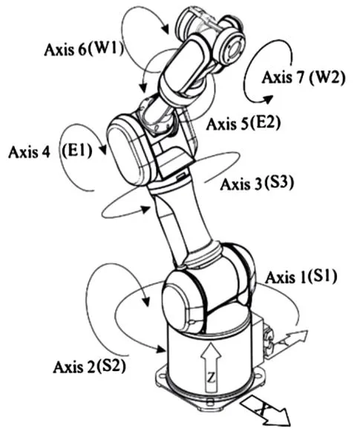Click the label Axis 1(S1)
301,278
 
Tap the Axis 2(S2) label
89,367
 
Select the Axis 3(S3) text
257,184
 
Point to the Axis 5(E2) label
243,123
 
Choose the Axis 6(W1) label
84,50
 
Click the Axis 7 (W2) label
304,77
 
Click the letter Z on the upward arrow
211,378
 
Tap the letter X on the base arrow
262,410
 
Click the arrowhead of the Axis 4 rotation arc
103,149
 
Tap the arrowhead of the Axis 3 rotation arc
145,209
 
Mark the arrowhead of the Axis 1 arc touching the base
160,349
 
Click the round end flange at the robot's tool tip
231,46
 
